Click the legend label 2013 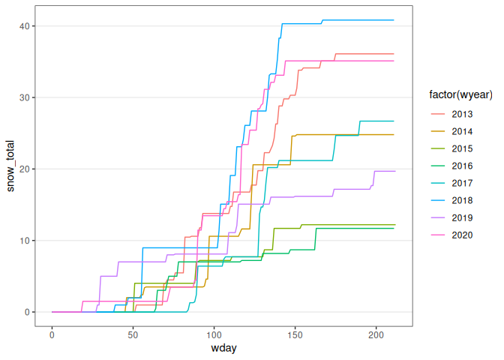point(462,114)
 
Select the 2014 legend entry point(462,131)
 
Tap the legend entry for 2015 point(462,148)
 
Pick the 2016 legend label point(462,166)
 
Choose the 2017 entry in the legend point(462,183)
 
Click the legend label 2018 point(462,200)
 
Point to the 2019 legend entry point(462,217)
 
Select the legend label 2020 point(462,235)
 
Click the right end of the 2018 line point(393,20)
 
